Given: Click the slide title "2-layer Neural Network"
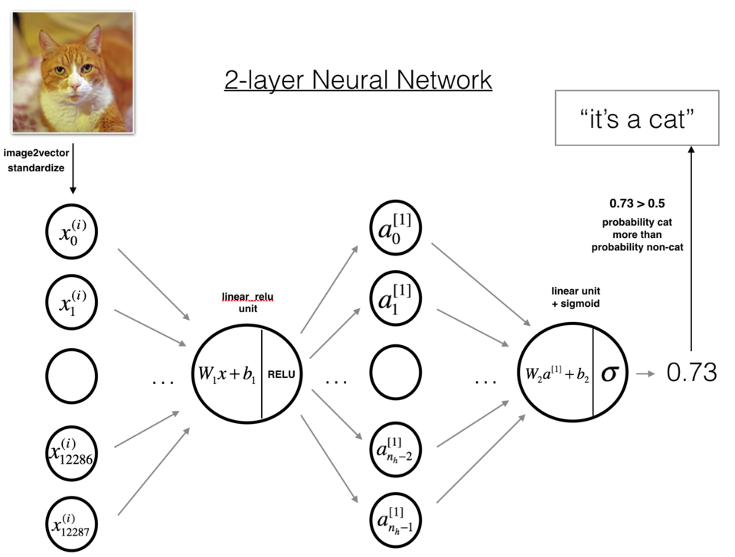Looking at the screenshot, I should pos(358,80).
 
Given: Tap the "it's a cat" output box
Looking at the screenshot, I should pos(637,118).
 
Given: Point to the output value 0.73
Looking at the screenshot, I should pos(691,373).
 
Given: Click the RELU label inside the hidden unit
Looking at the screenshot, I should pos(281,375).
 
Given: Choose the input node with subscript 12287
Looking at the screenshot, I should pos(71,523).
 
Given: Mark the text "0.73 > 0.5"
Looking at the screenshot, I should pos(637,205).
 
